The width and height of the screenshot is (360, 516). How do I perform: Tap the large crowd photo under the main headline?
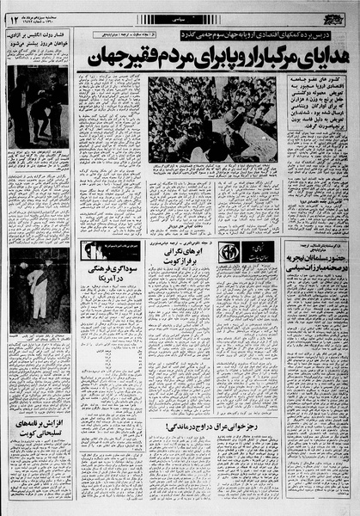(x=212, y=119)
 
